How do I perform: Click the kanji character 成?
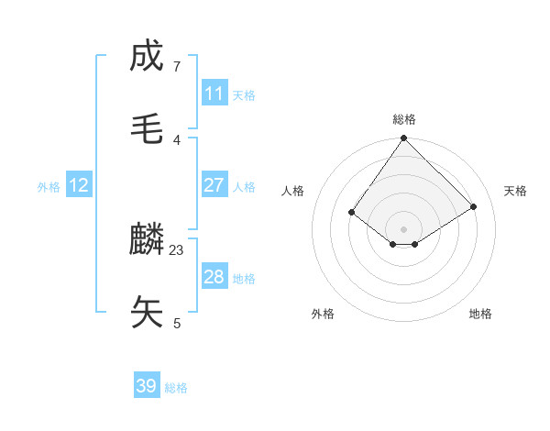(x=147, y=56)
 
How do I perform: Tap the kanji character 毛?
(x=147, y=129)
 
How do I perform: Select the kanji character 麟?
(x=147, y=239)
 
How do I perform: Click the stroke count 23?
(x=177, y=249)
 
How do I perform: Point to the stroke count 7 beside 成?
(x=177, y=66)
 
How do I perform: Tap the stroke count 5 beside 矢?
(x=177, y=323)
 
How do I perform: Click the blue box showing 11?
(x=214, y=94)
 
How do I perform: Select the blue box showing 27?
(x=214, y=185)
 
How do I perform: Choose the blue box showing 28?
(x=214, y=277)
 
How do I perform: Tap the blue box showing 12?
(x=79, y=185)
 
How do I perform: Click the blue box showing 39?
(x=147, y=386)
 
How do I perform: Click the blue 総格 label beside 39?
(x=176, y=388)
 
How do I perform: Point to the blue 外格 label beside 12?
(x=49, y=187)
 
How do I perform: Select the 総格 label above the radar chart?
(x=404, y=119)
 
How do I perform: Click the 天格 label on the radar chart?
(x=516, y=191)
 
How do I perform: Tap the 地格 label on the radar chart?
(x=480, y=314)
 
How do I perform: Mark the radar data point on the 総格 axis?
(x=404, y=139)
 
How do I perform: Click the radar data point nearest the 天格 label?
(x=474, y=206)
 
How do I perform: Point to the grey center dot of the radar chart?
(x=404, y=228)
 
